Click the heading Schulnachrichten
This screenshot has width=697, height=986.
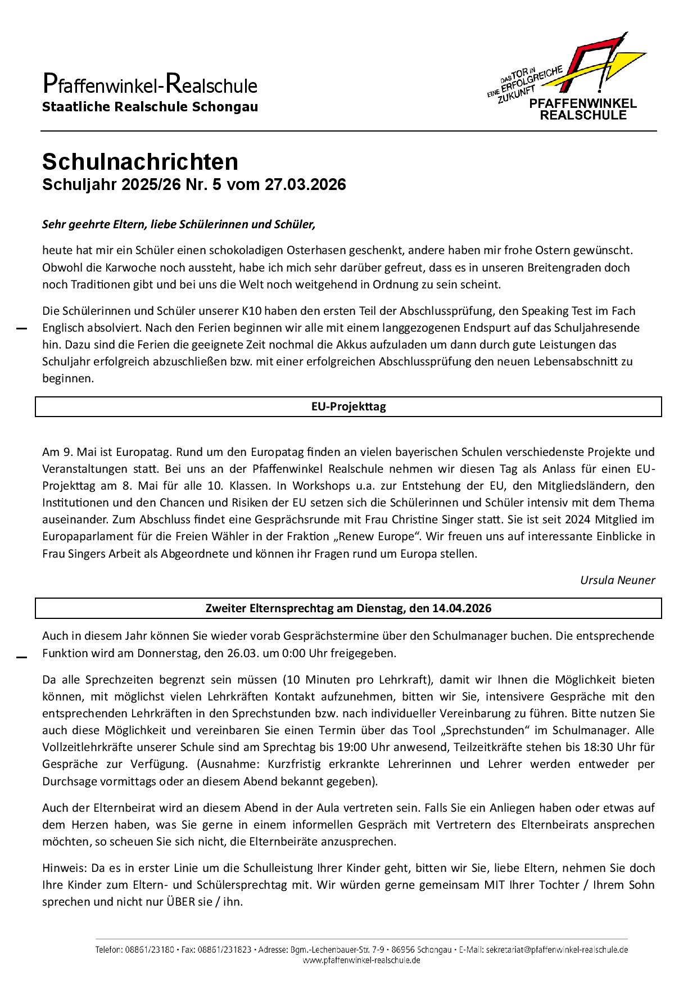(140, 162)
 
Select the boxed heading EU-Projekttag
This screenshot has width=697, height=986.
(348, 406)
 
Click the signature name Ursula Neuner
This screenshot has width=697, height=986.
(617, 580)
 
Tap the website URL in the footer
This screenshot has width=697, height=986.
(361, 960)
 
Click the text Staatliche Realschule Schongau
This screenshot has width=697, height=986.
(150, 107)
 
